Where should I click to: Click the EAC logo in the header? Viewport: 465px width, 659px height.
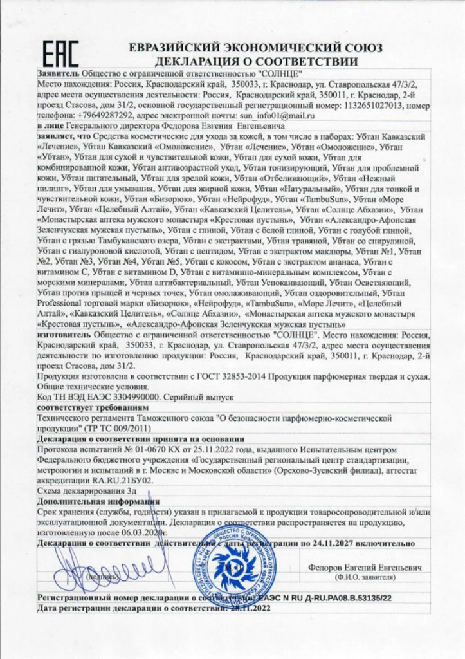[x=62, y=51]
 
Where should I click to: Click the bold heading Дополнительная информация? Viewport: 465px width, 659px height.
[x=98, y=501]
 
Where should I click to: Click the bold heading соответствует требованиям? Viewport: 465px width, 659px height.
[x=87, y=408]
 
